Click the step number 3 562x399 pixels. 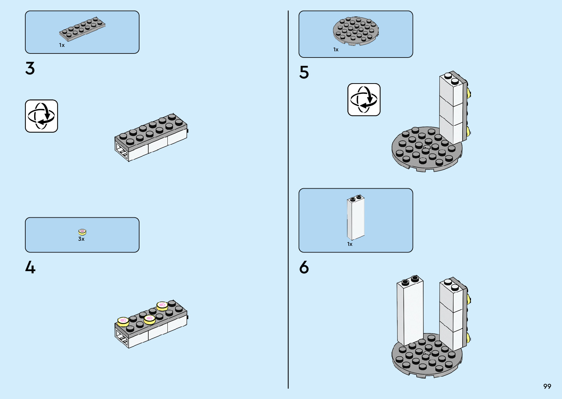click(x=30, y=68)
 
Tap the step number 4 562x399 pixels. click(x=30, y=267)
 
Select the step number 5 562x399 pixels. click(x=304, y=72)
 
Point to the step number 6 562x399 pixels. click(x=304, y=267)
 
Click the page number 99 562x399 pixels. click(x=547, y=386)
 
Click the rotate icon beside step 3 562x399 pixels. click(x=41, y=116)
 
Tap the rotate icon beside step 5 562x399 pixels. click(x=364, y=100)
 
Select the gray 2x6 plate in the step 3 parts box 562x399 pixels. click(x=82, y=29)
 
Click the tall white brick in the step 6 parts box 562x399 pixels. click(x=356, y=217)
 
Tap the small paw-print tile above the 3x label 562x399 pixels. click(x=82, y=232)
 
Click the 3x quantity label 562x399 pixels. click(x=81, y=239)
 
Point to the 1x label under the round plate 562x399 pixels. click(x=336, y=49)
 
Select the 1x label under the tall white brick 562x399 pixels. click(x=350, y=244)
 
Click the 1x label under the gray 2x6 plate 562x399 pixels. click(x=62, y=45)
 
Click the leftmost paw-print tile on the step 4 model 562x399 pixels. click(x=123, y=322)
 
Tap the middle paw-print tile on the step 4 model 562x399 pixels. click(x=150, y=319)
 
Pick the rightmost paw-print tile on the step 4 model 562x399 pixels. click(x=162, y=306)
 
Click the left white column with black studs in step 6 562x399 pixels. click(x=410, y=311)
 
